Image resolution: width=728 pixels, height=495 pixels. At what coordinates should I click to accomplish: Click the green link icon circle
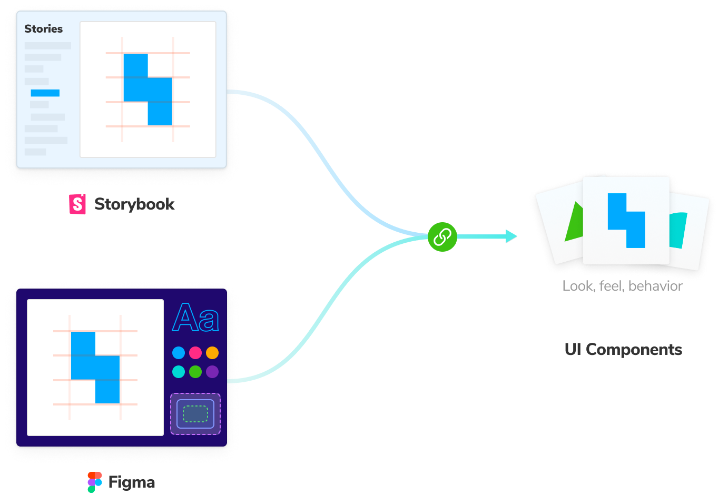(442, 237)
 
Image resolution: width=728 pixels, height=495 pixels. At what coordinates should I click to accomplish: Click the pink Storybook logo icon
(77, 204)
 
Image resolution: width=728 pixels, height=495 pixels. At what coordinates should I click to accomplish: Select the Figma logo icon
(94, 482)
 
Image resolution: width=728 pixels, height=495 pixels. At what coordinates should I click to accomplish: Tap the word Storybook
(134, 204)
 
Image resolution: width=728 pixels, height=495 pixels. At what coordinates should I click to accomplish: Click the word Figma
(132, 482)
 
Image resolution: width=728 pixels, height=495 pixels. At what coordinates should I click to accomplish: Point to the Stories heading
(43, 29)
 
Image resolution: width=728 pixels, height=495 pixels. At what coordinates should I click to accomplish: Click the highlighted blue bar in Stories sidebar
(45, 93)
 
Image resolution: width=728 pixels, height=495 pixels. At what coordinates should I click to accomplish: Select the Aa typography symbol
(195, 318)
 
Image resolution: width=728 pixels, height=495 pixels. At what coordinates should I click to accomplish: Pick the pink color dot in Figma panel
(195, 352)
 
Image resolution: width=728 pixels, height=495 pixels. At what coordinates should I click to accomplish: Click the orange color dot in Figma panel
(212, 352)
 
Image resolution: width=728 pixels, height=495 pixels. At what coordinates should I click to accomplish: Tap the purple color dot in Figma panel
(212, 372)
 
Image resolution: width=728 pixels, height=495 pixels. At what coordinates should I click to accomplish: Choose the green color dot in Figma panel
(195, 372)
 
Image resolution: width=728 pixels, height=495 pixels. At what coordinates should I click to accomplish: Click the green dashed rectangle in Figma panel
(195, 414)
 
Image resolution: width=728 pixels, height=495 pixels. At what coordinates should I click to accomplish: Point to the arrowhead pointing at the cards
(510, 236)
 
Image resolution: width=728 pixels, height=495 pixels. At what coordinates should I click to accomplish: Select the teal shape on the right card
(678, 230)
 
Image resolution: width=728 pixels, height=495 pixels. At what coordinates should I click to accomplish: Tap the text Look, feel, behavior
(622, 286)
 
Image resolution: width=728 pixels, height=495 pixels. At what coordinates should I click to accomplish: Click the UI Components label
(623, 350)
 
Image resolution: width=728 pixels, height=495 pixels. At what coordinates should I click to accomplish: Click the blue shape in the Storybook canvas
(147, 90)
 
